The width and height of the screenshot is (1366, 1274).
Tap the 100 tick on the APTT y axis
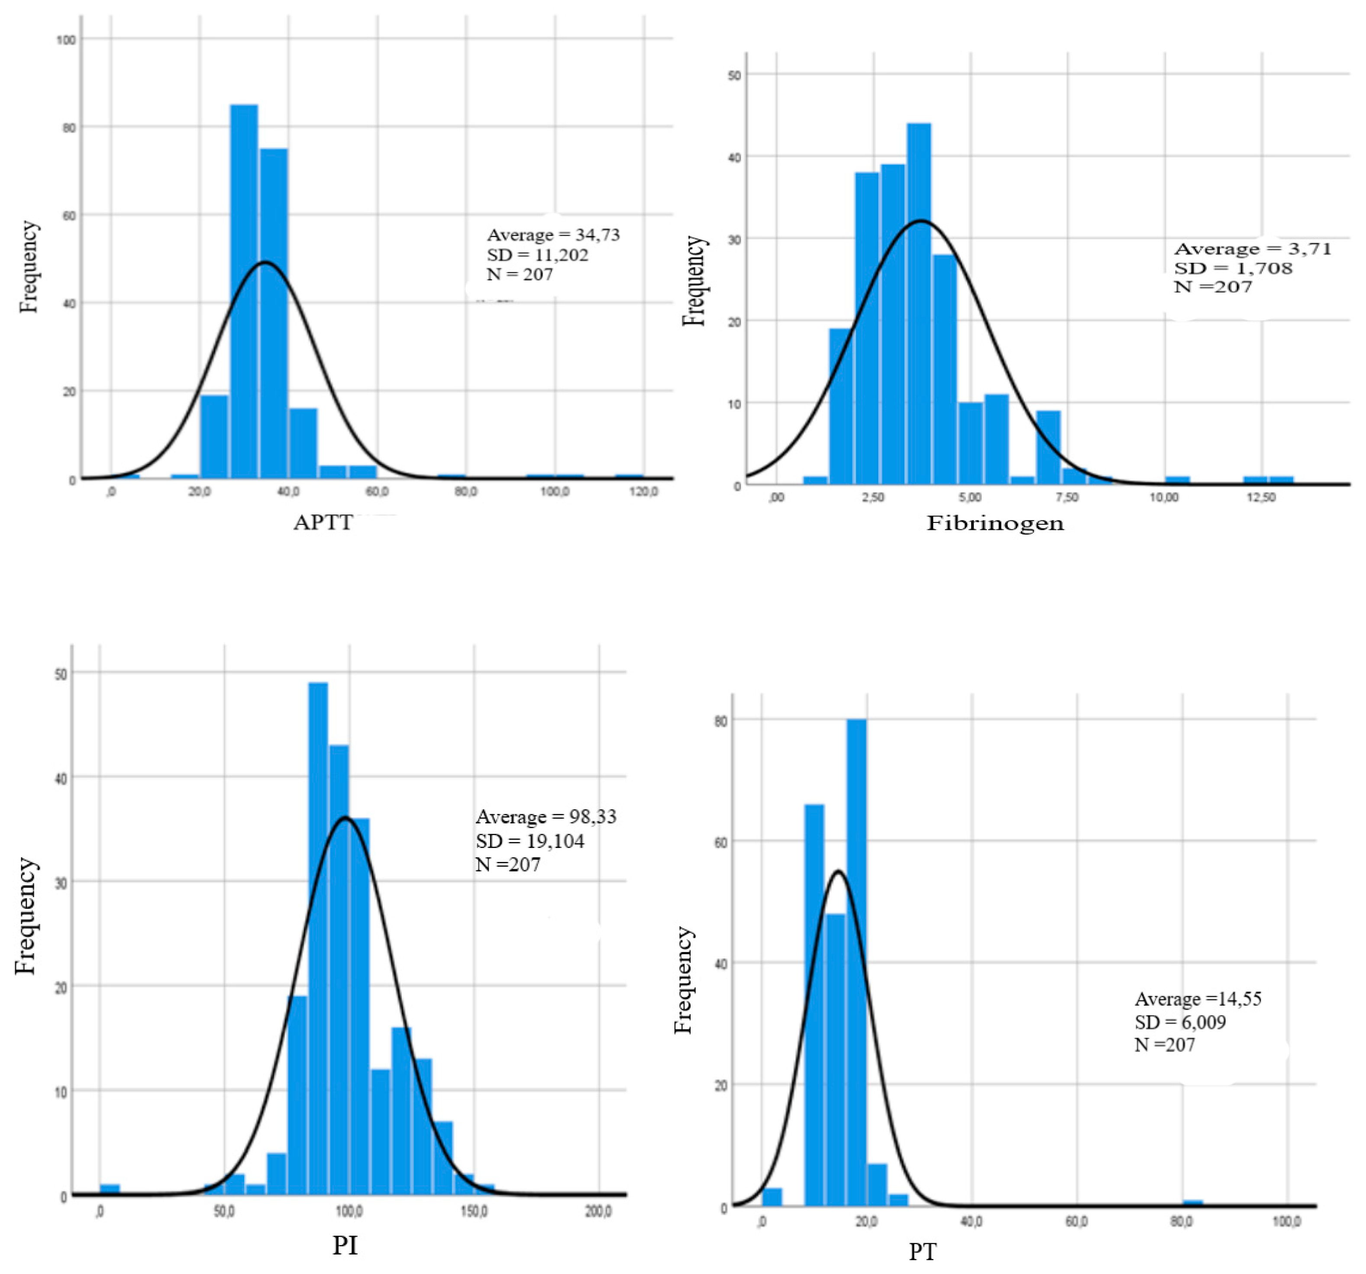66,40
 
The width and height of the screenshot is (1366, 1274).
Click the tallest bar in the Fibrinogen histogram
919,302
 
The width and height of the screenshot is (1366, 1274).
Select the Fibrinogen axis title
995,524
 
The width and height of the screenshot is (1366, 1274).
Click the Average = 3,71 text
1252,249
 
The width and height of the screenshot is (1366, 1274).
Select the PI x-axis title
345,1245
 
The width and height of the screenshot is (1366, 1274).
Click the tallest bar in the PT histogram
856,962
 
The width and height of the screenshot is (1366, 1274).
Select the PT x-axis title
922,1252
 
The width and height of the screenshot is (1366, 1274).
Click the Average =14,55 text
1198,998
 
